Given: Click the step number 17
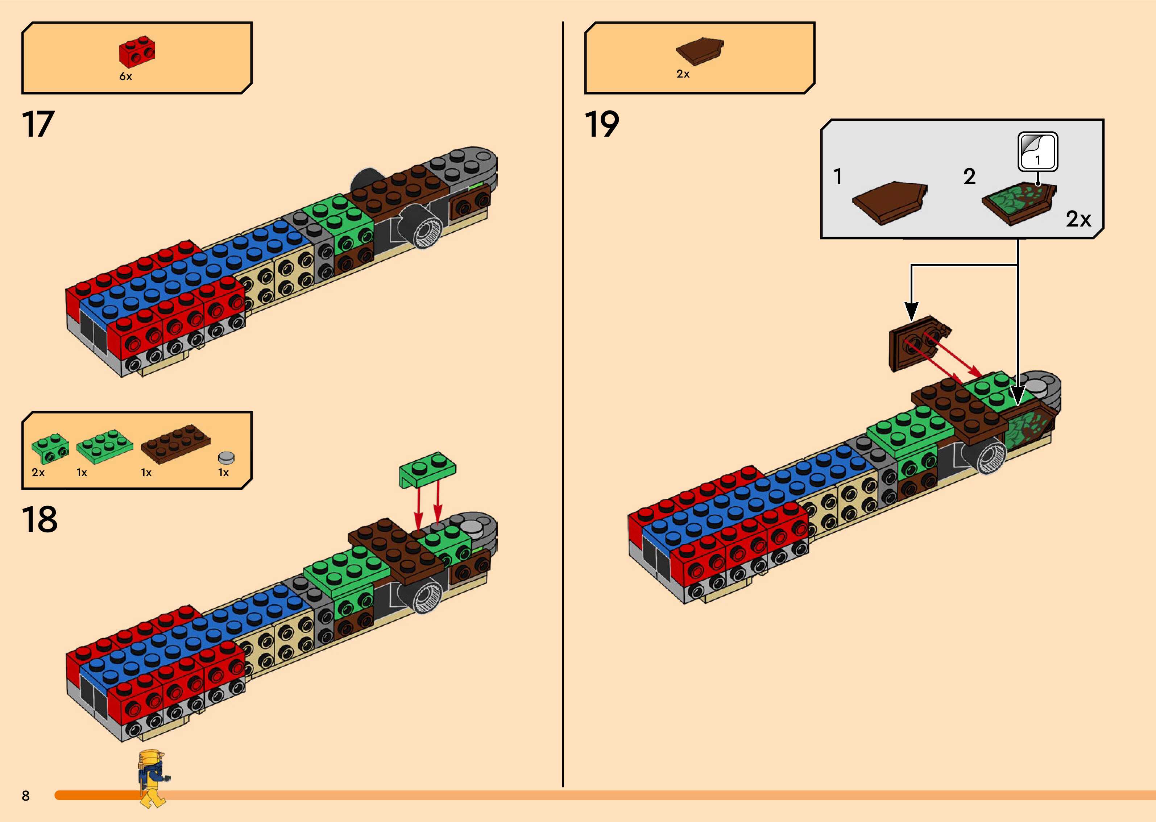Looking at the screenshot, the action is point(38,125).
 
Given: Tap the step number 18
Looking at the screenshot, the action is point(40,519).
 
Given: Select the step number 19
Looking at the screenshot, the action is point(602,125).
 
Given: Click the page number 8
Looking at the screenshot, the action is point(26,796).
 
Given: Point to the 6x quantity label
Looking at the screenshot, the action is point(125,76).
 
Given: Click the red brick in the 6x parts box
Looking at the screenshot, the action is point(137,51).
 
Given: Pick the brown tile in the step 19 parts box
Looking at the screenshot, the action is point(700,51).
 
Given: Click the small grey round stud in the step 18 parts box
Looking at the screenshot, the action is point(226,457).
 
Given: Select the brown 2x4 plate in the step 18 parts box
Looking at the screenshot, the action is point(175,443).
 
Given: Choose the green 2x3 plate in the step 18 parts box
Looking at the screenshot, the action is point(105,445).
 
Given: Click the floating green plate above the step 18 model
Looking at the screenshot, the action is point(427,469).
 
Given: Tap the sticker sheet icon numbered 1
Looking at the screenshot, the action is point(1037,152).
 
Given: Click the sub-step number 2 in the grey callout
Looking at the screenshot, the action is point(969,177).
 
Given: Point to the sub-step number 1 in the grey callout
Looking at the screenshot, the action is point(838,177).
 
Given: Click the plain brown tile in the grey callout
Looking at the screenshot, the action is point(889,203).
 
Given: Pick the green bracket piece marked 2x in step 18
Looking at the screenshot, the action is point(50,448).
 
